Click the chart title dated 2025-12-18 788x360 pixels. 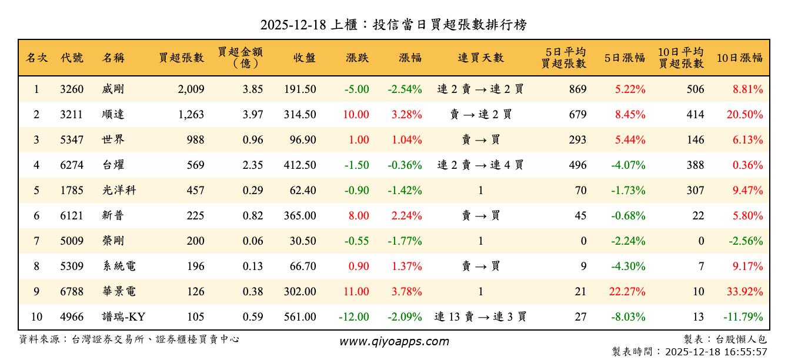[x=393, y=25]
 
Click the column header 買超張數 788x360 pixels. [x=182, y=58]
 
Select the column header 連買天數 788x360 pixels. [x=480, y=58]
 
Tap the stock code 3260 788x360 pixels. [x=72, y=89]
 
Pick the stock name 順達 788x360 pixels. [x=113, y=115]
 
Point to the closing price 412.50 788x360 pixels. [x=300, y=165]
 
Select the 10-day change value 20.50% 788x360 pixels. [x=744, y=115]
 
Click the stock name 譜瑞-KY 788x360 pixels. [x=123, y=317]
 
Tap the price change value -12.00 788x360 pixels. [x=354, y=317]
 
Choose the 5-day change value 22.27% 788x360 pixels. [x=630, y=292]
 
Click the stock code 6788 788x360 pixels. [x=72, y=292]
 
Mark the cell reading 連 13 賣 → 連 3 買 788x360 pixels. [x=480, y=317]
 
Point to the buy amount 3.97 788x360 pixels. [x=253, y=115]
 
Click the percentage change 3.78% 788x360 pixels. [x=407, y=292]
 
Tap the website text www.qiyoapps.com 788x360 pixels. [x=394, y=341]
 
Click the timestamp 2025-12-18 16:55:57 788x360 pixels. [x=716, y=352]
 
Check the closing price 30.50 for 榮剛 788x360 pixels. [x=303, y=241]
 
